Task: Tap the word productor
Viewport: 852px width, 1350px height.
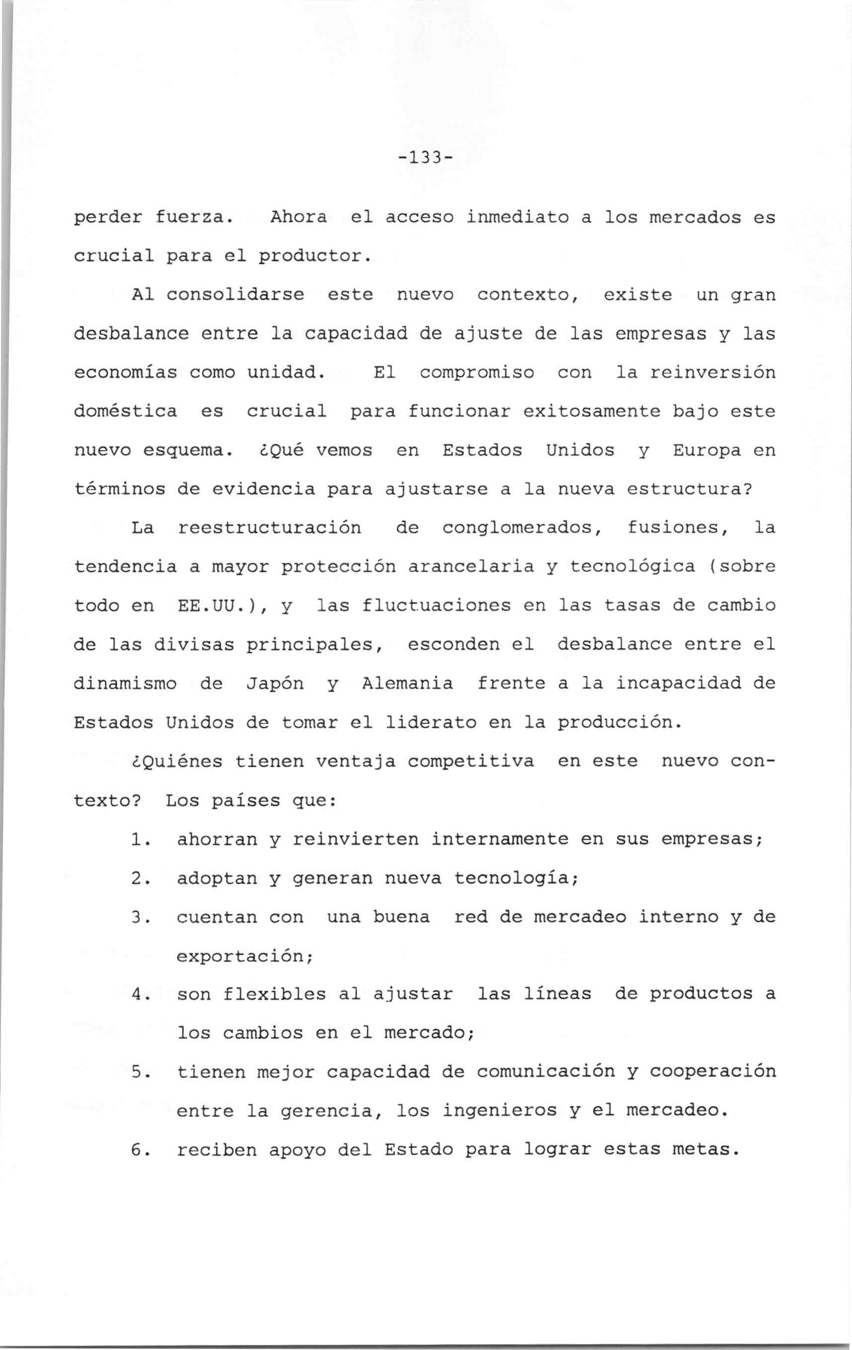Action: (x=315, y=256)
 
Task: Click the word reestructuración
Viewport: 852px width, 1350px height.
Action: (x=269, y=528)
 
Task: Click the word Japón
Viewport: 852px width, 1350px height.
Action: (x=275, y=684)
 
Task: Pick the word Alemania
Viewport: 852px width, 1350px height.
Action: (x=408, y=683)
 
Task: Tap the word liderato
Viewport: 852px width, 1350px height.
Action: (x=430, y=723)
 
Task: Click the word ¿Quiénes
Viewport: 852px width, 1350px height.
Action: (x=176, y=761)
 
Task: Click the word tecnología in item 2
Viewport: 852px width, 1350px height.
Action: (x=515, y=878)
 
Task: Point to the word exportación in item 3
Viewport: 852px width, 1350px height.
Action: (x=244, y=956)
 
